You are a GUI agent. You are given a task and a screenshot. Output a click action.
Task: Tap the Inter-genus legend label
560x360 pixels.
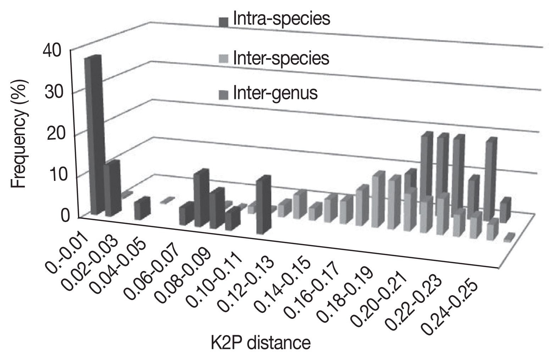click(275, 93)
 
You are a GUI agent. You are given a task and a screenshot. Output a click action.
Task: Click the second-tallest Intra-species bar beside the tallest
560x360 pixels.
click(112, 188)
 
